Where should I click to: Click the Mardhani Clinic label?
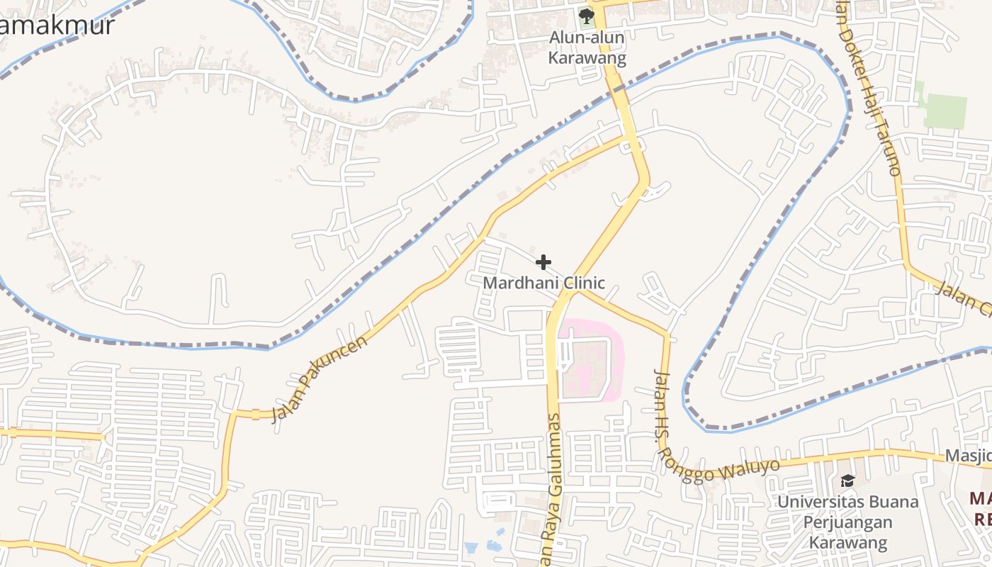tap(543, 283)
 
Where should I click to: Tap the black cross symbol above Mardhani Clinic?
tap(543, 263)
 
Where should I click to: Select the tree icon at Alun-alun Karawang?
tap(586, 16)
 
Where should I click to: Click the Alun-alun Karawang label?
tap(587, 48)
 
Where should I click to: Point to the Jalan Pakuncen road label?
tap(320, 378)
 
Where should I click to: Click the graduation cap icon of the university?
tap(847, 481)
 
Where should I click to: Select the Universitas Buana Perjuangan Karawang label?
tap(847, 522)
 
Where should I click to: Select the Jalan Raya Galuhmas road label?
tap(551, 489)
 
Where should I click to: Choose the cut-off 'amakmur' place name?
tap(57, 26)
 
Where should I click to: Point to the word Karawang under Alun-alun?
tap(587, 58)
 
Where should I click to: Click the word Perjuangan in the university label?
tap(847, 523)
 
